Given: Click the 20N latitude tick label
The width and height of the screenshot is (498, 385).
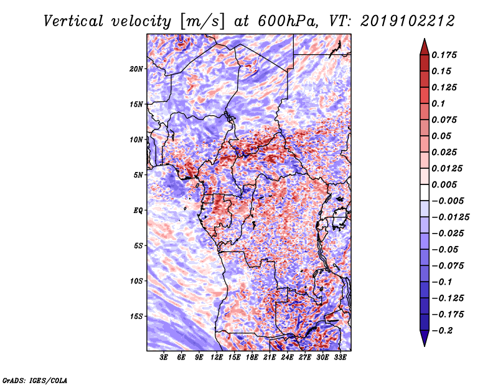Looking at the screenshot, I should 136,69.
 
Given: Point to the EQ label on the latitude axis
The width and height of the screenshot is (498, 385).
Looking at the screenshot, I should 138,210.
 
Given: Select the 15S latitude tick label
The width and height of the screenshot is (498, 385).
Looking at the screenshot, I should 136,316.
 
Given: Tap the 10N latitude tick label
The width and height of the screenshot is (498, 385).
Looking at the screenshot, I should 136,140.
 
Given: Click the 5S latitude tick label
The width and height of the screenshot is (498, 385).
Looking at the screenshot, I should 138,245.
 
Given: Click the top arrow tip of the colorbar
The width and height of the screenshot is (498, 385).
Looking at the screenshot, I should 423,39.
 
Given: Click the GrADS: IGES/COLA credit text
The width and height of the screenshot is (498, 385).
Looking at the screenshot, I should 35,379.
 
